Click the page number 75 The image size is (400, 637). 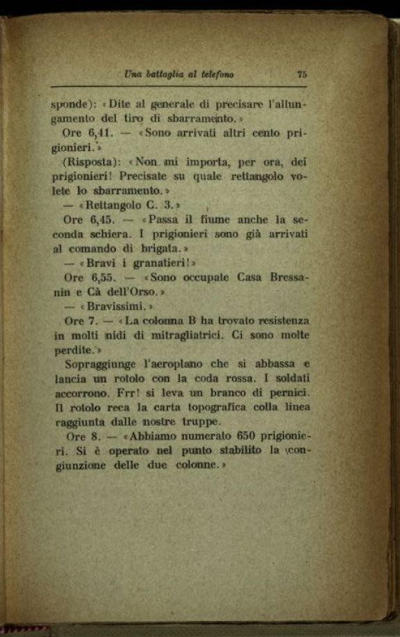[301, 74]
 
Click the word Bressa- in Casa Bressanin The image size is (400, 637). [285, 277]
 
